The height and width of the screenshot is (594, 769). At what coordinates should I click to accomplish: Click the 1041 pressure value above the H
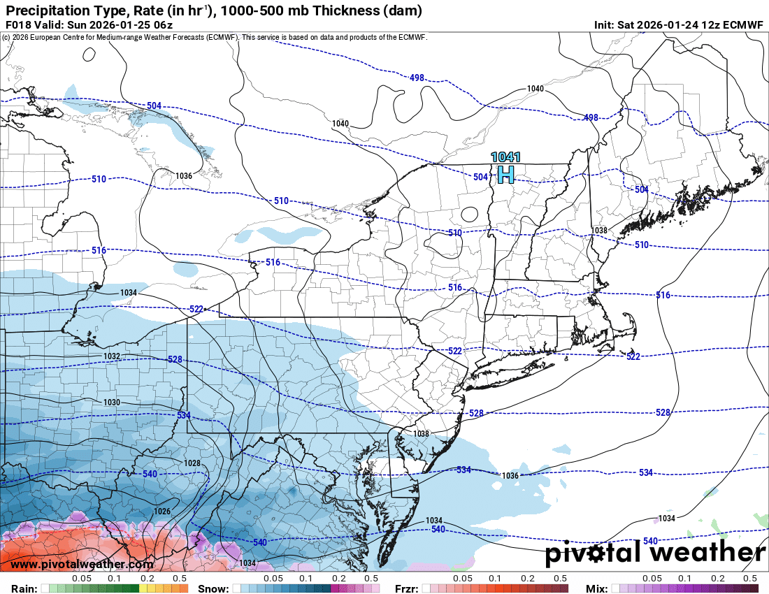click(x=505, y=158)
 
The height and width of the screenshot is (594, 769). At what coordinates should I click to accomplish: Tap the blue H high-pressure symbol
click(x=505, y=174)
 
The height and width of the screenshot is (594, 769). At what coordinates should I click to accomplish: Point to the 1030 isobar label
click(x=112, y=403)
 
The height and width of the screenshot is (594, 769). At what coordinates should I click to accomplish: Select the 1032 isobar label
click(x=112, y=356)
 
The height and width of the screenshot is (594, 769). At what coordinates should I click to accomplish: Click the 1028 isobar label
click(x=192, y=463)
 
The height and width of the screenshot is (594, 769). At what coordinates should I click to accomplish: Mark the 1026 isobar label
click(x=162, y=512)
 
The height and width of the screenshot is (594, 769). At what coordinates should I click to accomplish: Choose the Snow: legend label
click(x=213, y=588)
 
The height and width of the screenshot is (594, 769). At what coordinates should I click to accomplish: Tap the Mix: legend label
click(x=600, y=588)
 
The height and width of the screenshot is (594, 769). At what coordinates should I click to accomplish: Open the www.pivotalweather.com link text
click(x=82, y=564)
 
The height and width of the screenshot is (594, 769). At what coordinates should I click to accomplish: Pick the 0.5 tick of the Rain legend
click(x=180, y=579)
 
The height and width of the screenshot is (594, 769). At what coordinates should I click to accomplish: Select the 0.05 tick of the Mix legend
click(x=652, y=579)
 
